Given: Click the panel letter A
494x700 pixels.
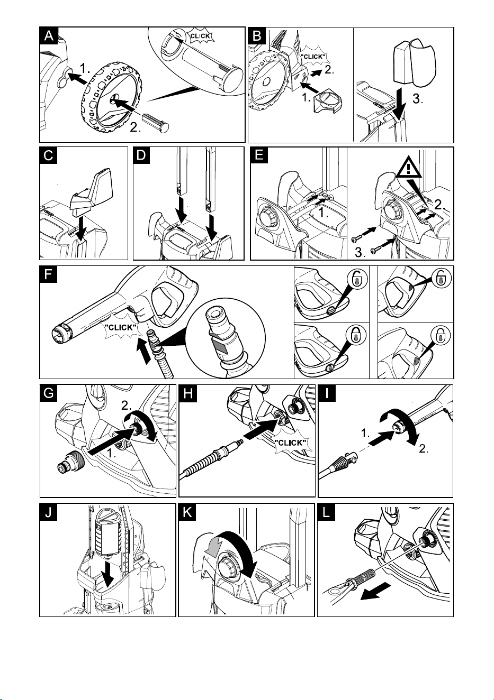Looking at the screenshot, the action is click(49, 35).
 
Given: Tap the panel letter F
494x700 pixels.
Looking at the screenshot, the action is click(49, 274).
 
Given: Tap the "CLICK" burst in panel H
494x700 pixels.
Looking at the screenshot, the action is click(291, 443).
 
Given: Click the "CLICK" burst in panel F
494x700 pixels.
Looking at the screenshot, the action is click(121, 328).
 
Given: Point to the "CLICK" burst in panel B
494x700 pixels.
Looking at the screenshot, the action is click(313, 57).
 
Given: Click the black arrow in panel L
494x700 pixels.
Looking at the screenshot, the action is click(376, 591).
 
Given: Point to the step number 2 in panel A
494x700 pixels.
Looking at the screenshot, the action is click(135, 127).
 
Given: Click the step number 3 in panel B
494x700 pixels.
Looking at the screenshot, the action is click(418, 99).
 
